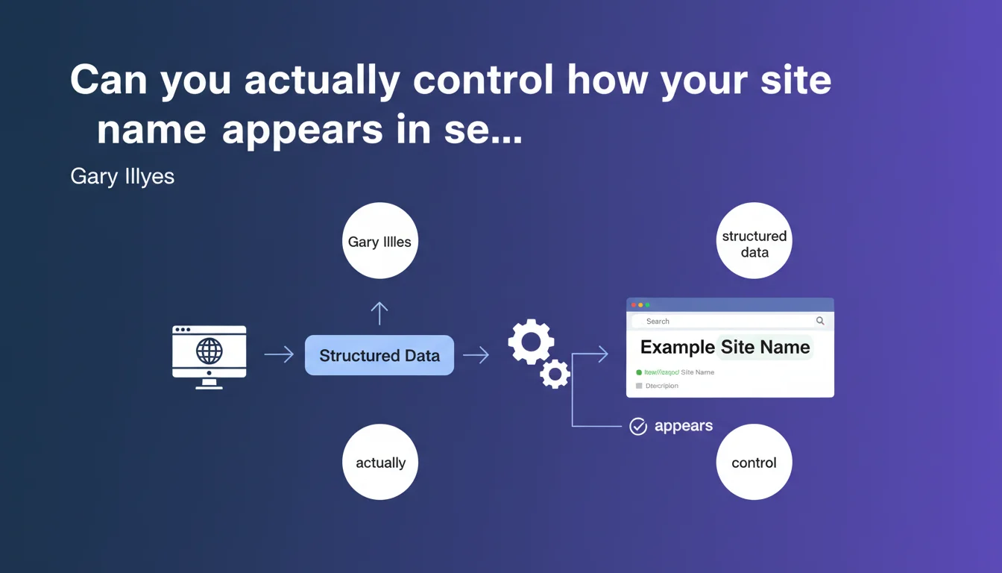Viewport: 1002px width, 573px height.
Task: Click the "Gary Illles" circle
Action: click(x=380, y=241)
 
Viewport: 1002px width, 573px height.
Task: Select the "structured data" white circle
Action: click(x=754, y=241)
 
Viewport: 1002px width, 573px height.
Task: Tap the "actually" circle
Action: click(x=380, y=463)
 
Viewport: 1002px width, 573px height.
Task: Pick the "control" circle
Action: click(x=754, y=463)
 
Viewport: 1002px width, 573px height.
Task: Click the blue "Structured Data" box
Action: click(x=379, y=355)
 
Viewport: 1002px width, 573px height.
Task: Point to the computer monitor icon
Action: click(x=209, y=357)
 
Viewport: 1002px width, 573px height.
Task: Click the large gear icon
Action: click(x=531, y=342)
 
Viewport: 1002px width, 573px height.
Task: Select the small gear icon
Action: click(x=555, y=373)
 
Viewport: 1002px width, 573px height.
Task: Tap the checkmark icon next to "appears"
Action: click(x=638, y=426)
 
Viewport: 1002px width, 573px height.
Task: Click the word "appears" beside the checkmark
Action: click(x=683, y=426)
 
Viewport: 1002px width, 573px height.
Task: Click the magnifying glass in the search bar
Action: click(x=820, y=321)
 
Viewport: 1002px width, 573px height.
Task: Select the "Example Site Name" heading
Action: click(x=725, y=347)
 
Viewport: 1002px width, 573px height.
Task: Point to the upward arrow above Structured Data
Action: click(x=379, y=313)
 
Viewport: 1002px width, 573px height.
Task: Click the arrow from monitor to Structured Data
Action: click(x=279, y=355)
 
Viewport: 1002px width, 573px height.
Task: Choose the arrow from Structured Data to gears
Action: click(x=476, y=355)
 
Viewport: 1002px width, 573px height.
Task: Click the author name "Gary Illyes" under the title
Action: click(x=122, y=177)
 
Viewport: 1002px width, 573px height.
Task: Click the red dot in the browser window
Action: click(x=634, y=305)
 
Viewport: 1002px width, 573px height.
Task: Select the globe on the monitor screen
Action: click(x=209, y=350)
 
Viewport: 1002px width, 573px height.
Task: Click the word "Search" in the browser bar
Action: click(x=658, y=322)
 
